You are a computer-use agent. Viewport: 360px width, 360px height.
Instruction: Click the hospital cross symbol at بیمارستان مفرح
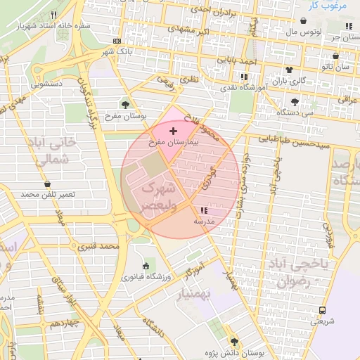[174, 131]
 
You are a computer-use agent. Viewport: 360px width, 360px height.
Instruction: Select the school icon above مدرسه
[205, 210]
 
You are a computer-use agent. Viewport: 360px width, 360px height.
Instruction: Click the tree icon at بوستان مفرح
[125, 105]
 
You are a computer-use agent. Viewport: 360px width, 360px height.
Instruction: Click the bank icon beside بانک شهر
[116, 41]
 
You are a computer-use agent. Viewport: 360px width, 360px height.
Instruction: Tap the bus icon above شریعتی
[322, 310]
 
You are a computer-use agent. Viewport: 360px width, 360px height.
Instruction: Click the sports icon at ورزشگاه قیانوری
[146, 266]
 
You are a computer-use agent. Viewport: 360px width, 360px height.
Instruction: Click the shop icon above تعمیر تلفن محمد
[47, 184]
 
